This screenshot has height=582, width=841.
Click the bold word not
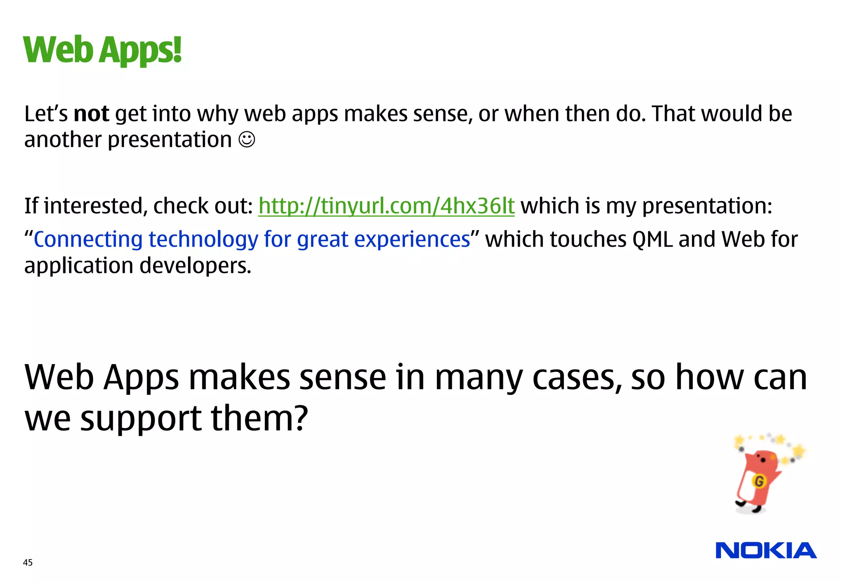coord(91,114)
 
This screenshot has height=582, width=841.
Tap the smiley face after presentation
coord(247,140)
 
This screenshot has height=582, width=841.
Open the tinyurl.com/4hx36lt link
coord(386,206)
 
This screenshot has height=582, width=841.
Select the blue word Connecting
coord(88,239)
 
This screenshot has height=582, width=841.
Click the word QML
coord(652,239)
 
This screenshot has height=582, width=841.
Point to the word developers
coord(195,266)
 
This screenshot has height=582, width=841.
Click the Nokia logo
coord(766,550)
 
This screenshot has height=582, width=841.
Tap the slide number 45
coord(28,562)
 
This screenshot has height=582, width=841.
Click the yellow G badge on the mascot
coord(759,481)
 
